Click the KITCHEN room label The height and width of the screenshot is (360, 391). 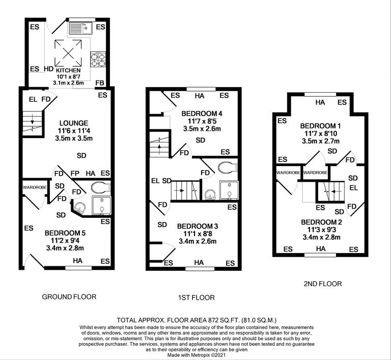68,70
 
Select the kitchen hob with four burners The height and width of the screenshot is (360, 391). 98,61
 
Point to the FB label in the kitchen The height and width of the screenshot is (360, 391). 101,83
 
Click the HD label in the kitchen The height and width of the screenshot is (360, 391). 49,69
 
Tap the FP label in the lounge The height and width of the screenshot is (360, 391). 75,174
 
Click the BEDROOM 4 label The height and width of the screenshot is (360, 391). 202,113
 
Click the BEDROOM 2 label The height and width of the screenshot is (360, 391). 321,222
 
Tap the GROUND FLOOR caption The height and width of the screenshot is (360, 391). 69,296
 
